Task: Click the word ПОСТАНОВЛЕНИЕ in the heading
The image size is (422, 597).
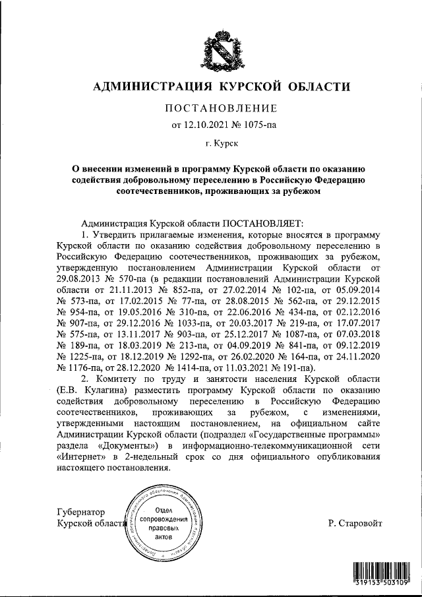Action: pos(220,108)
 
